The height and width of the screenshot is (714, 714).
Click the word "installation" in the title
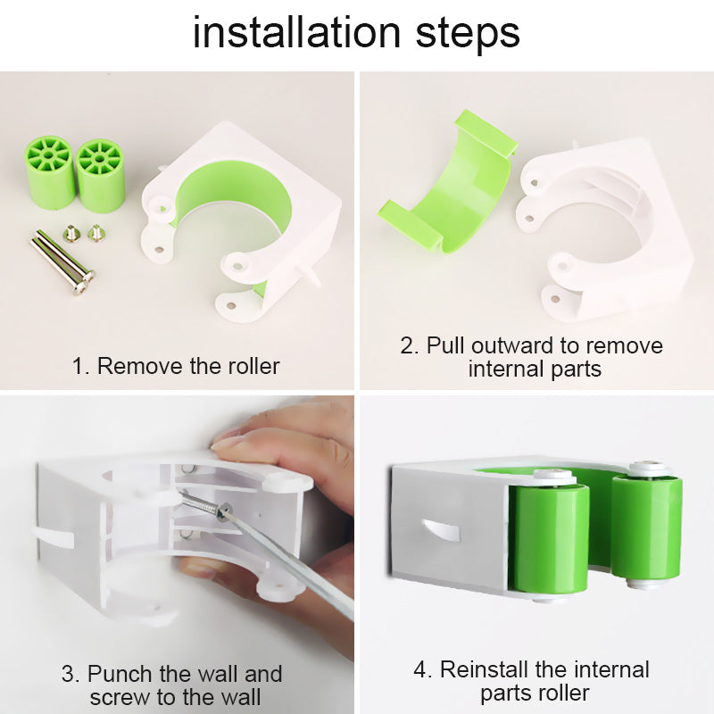[285, 33]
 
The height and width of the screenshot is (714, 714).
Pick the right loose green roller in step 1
[100, 175]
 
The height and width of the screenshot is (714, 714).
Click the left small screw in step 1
[71, 234]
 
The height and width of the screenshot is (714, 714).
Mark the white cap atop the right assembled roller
[648, 468]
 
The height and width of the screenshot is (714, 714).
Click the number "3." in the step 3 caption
[71, 674]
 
